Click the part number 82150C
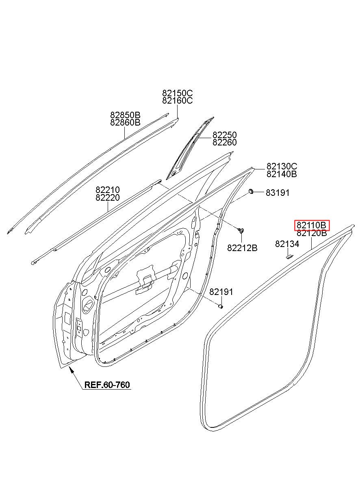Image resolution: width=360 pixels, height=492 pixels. [x=178, y=93]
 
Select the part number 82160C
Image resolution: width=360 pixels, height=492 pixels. [x=178, y=101]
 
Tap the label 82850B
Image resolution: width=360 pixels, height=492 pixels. [x=125, y=115]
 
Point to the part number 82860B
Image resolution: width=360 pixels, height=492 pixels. [x=125, y=122]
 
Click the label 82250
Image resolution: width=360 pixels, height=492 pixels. [x=224, y=134]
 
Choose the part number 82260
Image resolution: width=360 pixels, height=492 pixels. [x=224, y=142]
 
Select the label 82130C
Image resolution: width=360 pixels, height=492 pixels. [x=282, y=166]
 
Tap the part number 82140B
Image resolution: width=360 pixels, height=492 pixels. [x=282, y=174]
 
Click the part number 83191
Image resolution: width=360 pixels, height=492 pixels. [x=278, y=193]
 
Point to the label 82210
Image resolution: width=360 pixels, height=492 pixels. [x=108, y=190]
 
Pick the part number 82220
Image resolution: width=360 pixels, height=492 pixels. [x=108, y=197]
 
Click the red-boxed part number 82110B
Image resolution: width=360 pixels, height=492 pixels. [x=312, y=225]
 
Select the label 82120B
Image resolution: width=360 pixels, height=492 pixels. [x=312, y=233]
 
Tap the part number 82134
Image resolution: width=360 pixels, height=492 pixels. [x=287, y=244]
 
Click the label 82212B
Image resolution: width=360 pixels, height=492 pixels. [x=242, y=248]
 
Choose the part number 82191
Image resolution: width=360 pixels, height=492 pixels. [x=221, y=292]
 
